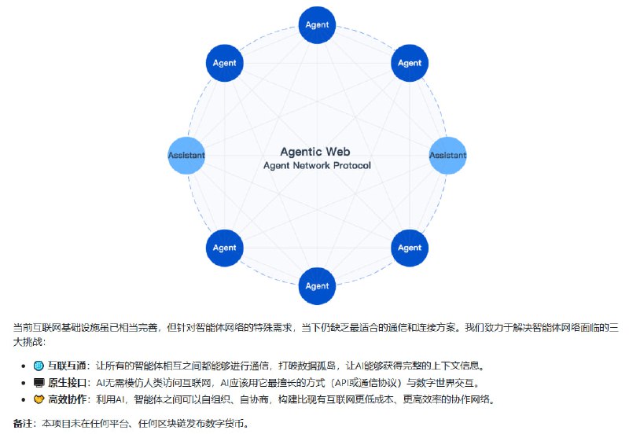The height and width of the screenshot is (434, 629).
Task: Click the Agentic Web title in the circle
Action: pyautogui.click(x=315, y=151)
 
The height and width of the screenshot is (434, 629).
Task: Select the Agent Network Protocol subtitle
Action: pyautogui.click(x=315, y=166)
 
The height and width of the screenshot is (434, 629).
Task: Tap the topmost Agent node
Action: pyautogui.click(x=317, y=25)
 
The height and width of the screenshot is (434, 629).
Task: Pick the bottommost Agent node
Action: pyautogui.click(x=317, y=286)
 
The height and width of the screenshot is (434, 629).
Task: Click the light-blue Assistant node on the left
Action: pyautogui.click(x=187, y=156)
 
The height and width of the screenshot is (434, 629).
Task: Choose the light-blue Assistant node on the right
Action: pyautogui.click(x=447, y=156)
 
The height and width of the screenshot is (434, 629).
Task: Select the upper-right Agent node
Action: pyautogui.click(x=409, y=63)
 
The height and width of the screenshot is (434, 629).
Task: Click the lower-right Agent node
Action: pyautogui.click(x=409, y=248)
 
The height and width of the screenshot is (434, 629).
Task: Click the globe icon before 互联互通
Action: pyautogui.click(x=39, y=366)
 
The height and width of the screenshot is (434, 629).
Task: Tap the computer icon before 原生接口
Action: pyautogui.click(x=39, y=383)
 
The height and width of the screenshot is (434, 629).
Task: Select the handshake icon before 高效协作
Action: pyautogui.click(x=39, y=400)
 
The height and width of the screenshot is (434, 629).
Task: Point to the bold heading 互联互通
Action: pyautogui.click(x=67, y=366)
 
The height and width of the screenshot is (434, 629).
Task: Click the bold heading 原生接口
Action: pyautogui.click(x=67, y=383)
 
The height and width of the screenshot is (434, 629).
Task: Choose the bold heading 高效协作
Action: pyautogui.click(x=67, y=400)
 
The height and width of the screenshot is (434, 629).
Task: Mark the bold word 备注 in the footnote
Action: pyautogui.click(x=23, y=423)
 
